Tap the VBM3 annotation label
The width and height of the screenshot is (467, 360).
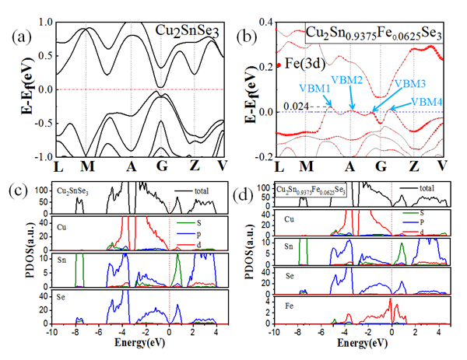pos(410,82)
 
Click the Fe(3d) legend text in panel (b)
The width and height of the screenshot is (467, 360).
pos(298,65)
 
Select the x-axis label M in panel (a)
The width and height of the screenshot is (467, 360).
pos(86,167)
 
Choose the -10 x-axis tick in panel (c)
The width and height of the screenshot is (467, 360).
pos(51,332)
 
